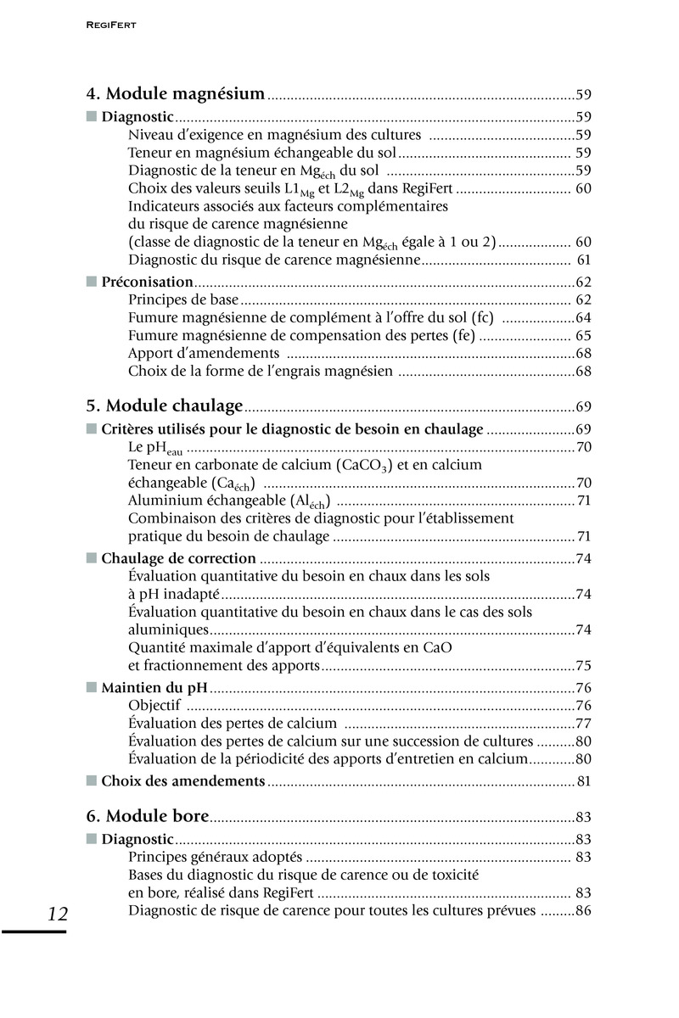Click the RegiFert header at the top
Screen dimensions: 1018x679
112,26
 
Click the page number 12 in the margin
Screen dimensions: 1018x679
58,914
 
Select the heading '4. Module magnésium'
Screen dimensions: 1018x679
176,94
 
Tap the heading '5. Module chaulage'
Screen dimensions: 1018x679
165,406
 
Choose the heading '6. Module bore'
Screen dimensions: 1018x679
148,816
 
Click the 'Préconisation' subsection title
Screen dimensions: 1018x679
147,282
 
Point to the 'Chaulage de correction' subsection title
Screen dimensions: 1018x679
178,558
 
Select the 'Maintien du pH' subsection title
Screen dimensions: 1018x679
154,688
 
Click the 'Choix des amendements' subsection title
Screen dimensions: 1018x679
183,780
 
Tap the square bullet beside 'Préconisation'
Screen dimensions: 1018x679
92,282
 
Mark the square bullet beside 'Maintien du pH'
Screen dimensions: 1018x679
92,688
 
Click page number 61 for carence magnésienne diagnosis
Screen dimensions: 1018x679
583,259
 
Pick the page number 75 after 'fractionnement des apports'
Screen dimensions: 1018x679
583,666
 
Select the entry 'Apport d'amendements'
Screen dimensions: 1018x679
204,353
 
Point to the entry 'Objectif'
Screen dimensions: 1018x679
154,706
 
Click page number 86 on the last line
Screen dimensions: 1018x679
583,911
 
